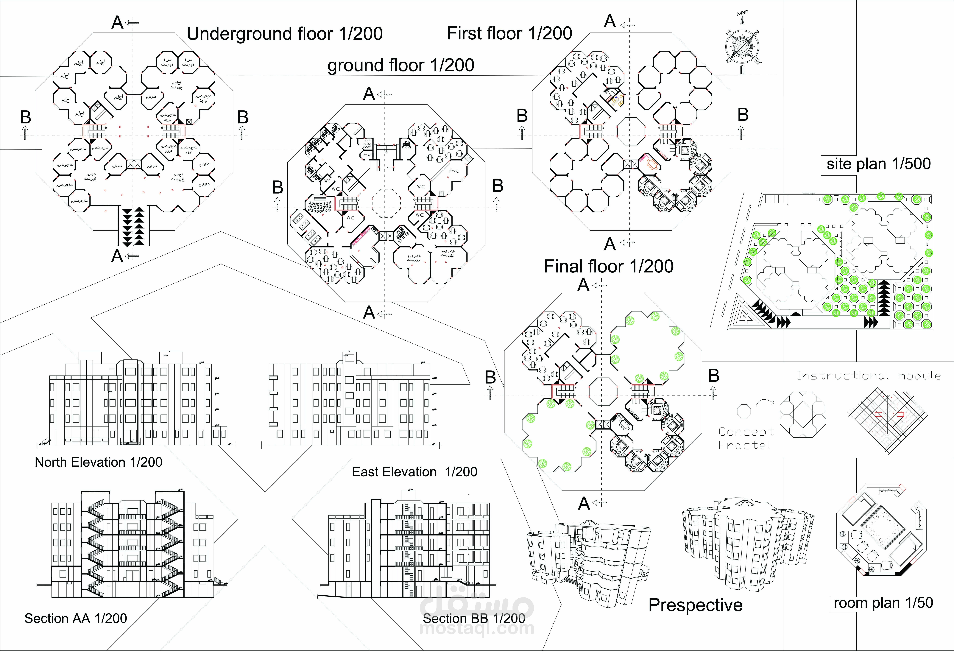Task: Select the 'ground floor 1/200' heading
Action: [401, 65]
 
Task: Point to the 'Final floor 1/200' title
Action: [609, 266]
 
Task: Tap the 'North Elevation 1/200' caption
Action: [99, 462]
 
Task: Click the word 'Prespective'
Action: [695, 605]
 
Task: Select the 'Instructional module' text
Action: [869, 376]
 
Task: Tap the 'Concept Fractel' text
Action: [746, 438]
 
